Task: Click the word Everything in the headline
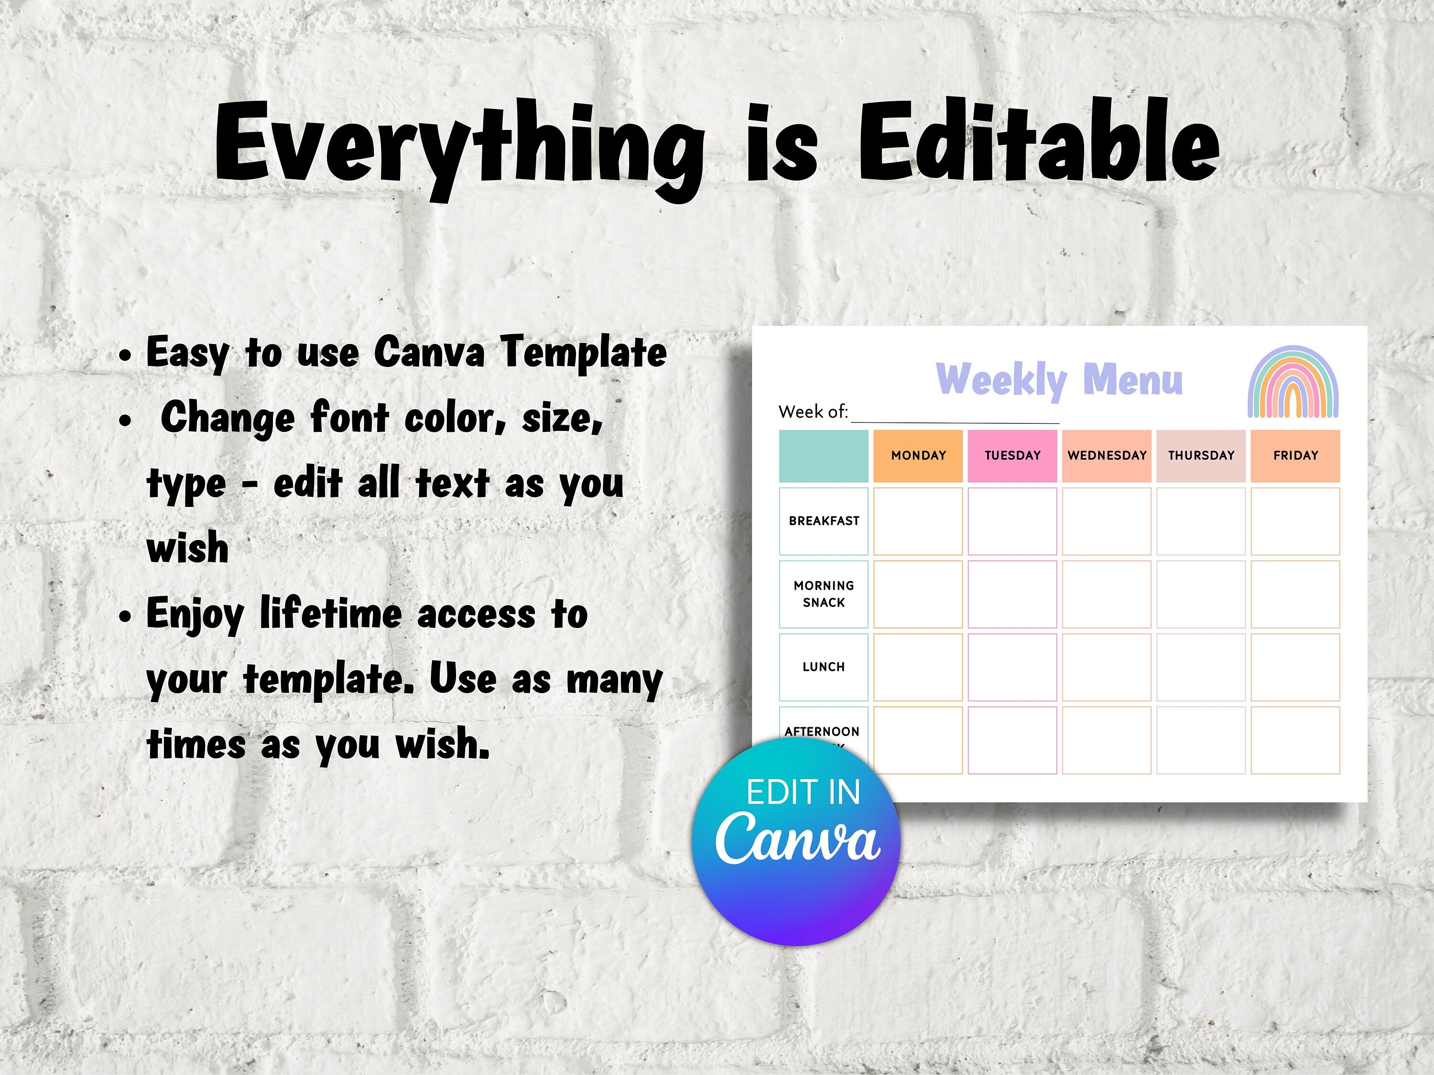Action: pos(460,149)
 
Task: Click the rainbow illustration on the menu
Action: pos(1293,382)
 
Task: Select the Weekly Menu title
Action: pos(1059,380)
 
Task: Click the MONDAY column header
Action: pos(918,455)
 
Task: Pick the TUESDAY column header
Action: pos(1012,455)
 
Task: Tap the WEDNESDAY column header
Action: pos(1107,455)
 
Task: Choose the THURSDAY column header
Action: pos(1201,455)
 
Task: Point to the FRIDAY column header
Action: pos(1295,455)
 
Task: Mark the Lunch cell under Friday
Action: pos(1295,667)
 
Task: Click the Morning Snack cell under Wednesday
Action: pos(1107,594)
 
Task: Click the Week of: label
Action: pos(813,411)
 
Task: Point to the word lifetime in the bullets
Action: pos(331,613)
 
